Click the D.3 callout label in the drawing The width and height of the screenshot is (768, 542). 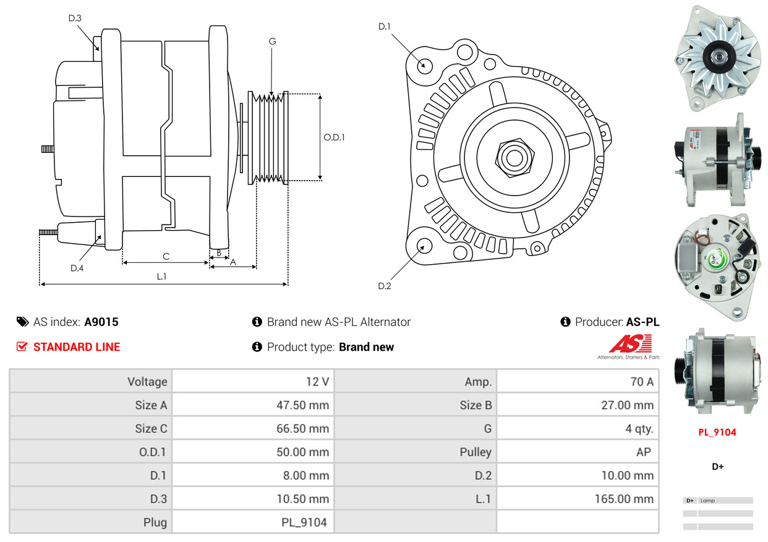[75, 18]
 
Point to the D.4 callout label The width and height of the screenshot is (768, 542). [77, 268]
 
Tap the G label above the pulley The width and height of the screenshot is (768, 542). [272, 41]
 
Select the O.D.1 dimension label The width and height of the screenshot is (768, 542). [334, 137]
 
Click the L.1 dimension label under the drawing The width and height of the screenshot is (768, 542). [161, 277]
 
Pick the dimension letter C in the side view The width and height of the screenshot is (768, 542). [166, 256]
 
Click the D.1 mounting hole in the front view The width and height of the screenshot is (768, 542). [424, 65]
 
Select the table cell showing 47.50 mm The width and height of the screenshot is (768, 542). [302, 405]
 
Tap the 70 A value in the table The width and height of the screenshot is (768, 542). [641, 382]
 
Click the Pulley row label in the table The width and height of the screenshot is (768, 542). [476, 452]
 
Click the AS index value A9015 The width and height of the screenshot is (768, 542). [101, 322]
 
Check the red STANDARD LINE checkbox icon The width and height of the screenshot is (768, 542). [22, 346]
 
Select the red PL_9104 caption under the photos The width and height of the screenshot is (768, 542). [717, 432]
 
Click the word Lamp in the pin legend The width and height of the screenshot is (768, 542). [707, 501]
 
